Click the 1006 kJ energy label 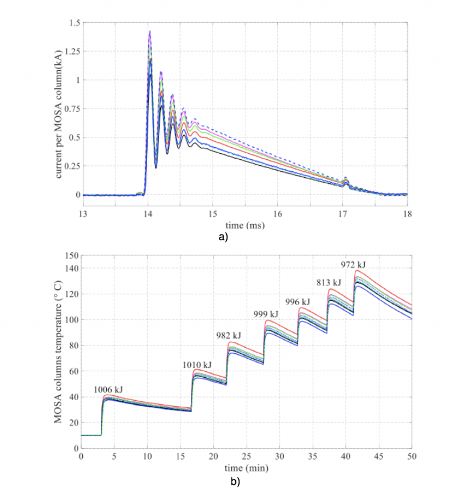108,390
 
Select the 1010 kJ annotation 197,365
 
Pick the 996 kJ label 298,302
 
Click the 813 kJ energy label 328,282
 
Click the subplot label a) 223,237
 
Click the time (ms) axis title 244,226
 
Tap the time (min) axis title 246,467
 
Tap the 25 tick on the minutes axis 246,457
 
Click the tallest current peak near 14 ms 149,32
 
